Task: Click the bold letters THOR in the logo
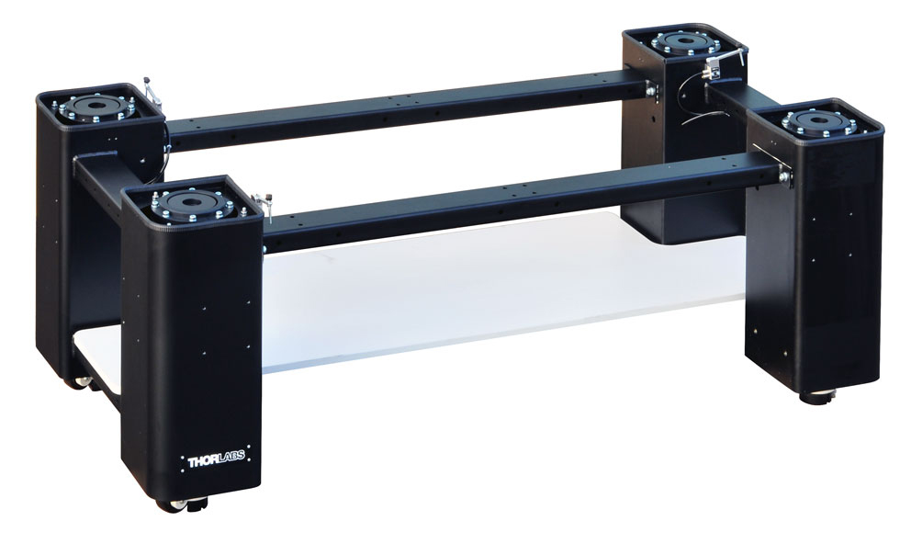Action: [x=203, y=460]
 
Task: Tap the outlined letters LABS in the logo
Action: [x=231, y=457]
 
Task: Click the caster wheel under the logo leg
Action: [x=174, y=505]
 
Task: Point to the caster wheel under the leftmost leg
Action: [x=81, y=382]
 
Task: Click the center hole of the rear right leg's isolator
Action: [x=684, y=40]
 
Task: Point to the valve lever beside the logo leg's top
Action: [x=264, y=201]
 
